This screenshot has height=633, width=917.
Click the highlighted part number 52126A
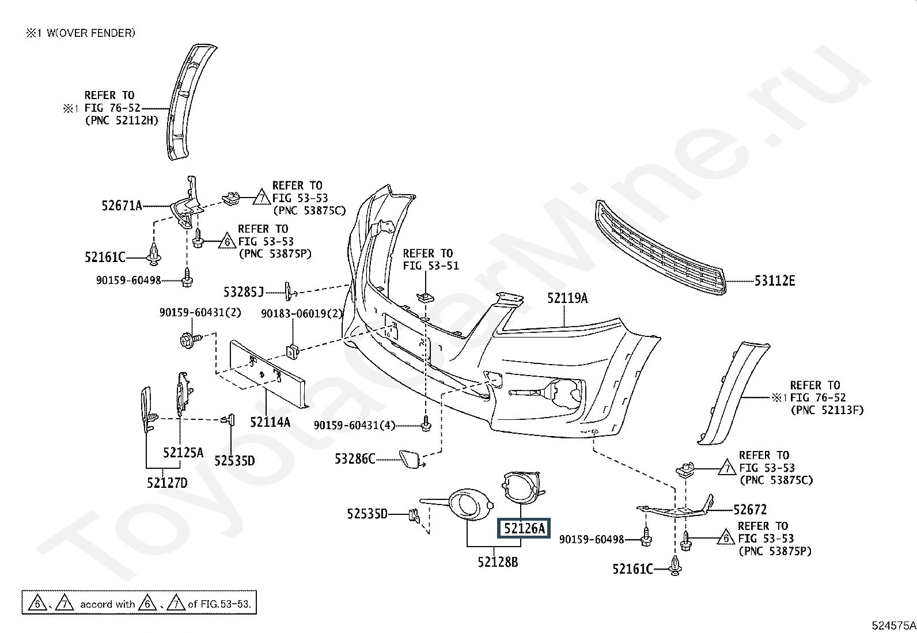(x=524, y=528)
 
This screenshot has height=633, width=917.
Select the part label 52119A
(x=567, y=298)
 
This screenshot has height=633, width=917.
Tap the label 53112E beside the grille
(x=775, y=281)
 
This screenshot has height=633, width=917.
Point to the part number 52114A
(x=270, y=422)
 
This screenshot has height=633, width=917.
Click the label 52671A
(x=122, y=206)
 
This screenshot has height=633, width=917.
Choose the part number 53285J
(x=244, y=293)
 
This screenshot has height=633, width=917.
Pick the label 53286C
(x=355, y=459)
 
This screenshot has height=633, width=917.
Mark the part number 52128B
(x=498, y=562)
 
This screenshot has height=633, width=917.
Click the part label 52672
(x=750, y=510)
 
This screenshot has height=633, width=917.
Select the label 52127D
(x=167, y=484)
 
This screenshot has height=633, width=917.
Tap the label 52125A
(x=183, y=453)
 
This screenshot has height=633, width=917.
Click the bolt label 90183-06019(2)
(x=302, y=314)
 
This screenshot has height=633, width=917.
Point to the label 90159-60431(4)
(x=354, y=426)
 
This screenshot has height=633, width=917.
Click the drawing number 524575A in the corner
(x=893, y=626)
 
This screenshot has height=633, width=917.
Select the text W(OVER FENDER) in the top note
(x=91, y=33)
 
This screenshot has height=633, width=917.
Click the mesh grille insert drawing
(x=660, y=247)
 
